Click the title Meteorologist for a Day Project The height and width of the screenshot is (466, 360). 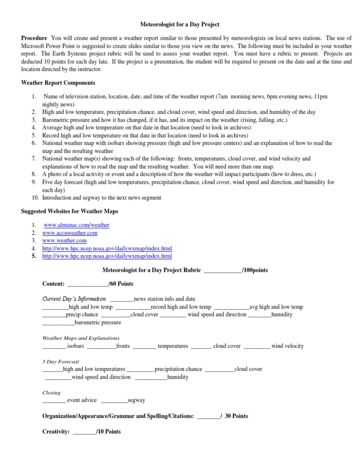[x=180, y=24]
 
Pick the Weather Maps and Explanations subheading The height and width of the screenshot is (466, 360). [x=81, y=338]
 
